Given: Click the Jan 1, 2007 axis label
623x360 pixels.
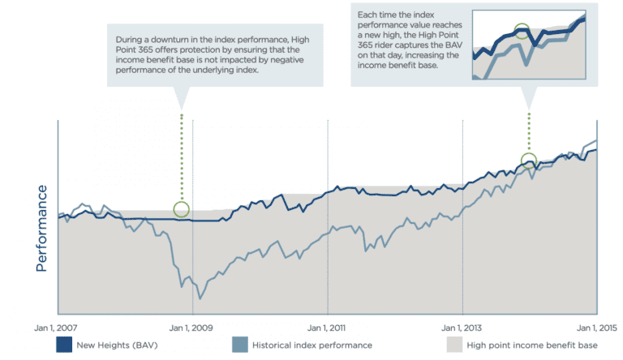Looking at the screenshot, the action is click(x=56, y=328).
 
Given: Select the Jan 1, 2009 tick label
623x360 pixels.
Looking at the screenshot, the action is click(x=191, y=328).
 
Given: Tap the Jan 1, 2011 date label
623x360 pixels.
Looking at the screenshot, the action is click(x=327, y=328).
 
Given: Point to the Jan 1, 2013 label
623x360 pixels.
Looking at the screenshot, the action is click(x=462, y=328).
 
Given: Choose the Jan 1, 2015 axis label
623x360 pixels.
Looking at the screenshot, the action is click(x=597, y=328).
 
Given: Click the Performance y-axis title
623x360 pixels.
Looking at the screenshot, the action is click(x=41, y=228).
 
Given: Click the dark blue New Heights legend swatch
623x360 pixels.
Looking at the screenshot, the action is click(x=64, y=345).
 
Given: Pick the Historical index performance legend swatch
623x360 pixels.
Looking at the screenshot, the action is click(x=240, y=345).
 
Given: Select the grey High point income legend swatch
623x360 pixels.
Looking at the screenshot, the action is click(x=454, y=345).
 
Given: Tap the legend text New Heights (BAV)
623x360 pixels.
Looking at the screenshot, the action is click(x=117, y=345).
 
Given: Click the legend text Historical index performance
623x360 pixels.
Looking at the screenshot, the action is click(x=312, y=345).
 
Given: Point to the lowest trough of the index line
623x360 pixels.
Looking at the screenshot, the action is click(x=200, y=298).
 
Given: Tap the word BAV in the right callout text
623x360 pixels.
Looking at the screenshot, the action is click(x=453, y=45).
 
